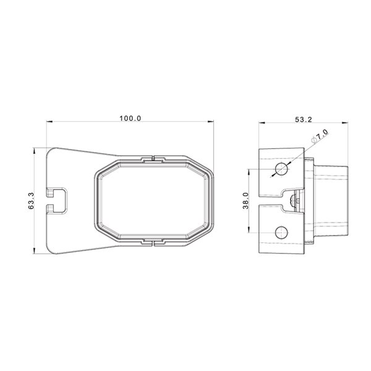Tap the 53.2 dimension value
302,120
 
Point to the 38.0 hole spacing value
245,200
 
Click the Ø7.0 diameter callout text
320,138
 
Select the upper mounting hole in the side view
282,169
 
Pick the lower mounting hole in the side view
282,232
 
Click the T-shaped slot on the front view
58,200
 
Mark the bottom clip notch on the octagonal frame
152,241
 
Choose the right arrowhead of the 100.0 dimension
212,122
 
